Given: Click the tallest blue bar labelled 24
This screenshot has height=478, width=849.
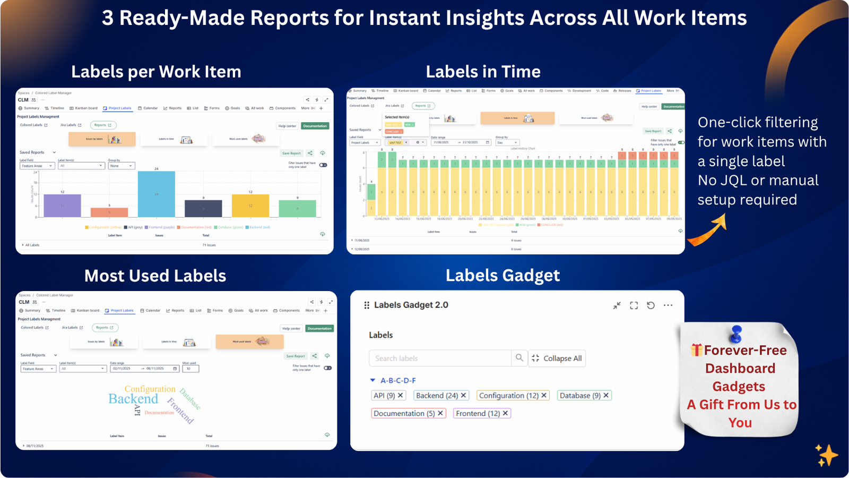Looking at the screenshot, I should (x=156, y=194).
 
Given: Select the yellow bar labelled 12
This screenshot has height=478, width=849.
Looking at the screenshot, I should (x=250, y=206).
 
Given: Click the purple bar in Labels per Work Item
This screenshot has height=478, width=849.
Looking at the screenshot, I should (x=62, y=206).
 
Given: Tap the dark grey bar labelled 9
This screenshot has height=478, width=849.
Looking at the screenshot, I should (x=203, y=209).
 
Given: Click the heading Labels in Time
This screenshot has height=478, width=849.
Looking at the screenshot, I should (x=483, y=72).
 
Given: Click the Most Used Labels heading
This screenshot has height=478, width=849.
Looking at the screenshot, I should (x=155, y=276).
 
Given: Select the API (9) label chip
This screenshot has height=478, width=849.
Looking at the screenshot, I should (x=388, y=396).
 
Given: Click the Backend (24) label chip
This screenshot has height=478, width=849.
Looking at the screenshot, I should (x=441, y=396).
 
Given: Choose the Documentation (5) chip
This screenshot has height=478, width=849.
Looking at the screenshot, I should (x=408, y=413).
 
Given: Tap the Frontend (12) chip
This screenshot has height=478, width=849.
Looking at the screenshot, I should (x=482, y=413).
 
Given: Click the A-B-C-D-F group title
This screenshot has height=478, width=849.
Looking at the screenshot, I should (x=398, y=381).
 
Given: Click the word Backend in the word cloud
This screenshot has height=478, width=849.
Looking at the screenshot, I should (x=133, y=399).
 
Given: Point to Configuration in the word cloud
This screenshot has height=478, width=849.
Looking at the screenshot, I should (x=150, y=389).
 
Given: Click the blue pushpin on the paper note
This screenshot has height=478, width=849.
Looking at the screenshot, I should (x=736, y=334).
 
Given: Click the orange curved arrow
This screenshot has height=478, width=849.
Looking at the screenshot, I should (x=708, y=232).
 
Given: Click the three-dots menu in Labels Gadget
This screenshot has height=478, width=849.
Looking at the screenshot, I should (x=668, y=305).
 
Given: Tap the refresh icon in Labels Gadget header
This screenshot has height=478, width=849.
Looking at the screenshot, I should (x=651, y=305).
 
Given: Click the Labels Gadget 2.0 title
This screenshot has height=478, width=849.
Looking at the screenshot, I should (x=411, y=305).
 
